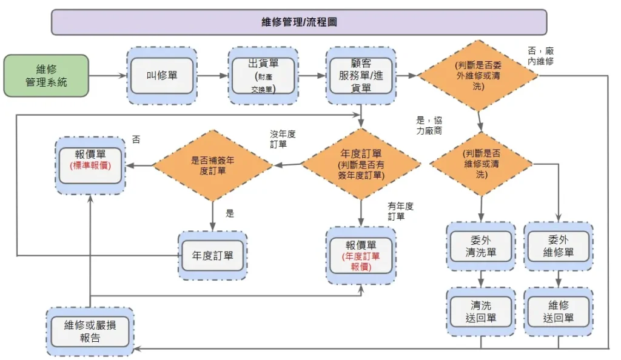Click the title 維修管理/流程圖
[x=298, y=22]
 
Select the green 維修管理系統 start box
[x=46, y=76]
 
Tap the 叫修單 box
[x=162, y=76]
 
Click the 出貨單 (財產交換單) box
[x=263, y=76]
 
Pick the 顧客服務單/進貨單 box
[x=361, y=76]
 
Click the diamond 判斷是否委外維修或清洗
[x=478, y=76]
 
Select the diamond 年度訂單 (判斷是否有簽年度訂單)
[x=361, y=164]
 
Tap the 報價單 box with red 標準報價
[x=90, y=165]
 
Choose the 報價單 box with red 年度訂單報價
[x=361, y=255]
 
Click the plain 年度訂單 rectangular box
[x=212, y=255]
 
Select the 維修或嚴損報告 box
[x=90, y=332]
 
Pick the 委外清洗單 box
[x=481, y=246]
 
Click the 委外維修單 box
[x=558, y=246]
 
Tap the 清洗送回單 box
[x=481, y=312]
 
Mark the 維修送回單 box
[x=558, y=312]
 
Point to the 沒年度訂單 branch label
[x=283, y=139]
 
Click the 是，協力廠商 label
[x=429, y=125]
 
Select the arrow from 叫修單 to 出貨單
[x=212, y=76]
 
